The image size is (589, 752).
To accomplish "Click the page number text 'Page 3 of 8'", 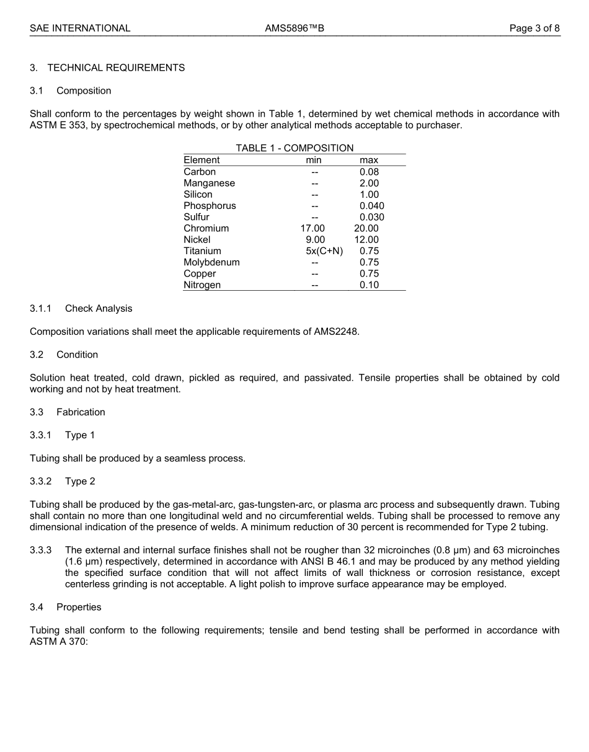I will pyautogui.click(x=534, y=28).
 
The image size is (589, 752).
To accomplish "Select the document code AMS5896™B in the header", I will pyautogui.click(x=294, y=28).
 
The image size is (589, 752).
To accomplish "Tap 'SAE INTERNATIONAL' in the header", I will pyautogui.click(x=80, y=28).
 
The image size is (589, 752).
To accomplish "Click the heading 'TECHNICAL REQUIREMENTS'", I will pyautogui.click(x=116, y=68).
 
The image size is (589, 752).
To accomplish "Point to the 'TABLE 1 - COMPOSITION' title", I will pyautogui.click(x=294, y=148).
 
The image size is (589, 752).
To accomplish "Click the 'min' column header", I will pyautogui.click(x=314, y=160).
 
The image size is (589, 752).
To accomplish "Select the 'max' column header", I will pyautogui.click(x=369, y=160).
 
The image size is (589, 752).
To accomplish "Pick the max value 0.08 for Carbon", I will pyautogui.click(x=369, y=172).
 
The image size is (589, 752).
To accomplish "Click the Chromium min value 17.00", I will pyautogui.click(x=312, y=228).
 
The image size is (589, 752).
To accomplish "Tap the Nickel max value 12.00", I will pyautogui.click(x=366, y=239).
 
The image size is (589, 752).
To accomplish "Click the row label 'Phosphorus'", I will pyautogui.click(x=210, y=206).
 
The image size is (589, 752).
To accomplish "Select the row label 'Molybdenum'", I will pyautogui.click(x=211, y=262).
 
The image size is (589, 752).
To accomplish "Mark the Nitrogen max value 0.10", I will pyautogui.click(x=369, y=285).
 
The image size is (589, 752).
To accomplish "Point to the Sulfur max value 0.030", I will pyautogui.click(x=371, y=217).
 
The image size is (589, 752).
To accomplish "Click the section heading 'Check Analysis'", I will pyautogui.click(x=99, y=309).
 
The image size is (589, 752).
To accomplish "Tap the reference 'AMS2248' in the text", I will pyautogui.click(x=339, y=332).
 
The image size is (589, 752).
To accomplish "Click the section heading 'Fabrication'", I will pyautogui.click(x=81, y=412).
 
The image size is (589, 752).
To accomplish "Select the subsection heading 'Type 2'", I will pyautogui.click(x=80, y=482).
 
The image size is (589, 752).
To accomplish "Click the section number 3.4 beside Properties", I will pyautogui.click(x=37, y=608).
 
